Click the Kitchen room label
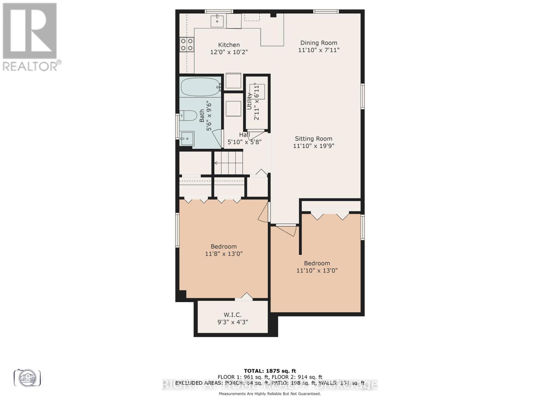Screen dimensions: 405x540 click(x=229, y=45)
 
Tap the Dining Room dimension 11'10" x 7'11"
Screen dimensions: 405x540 click(x=319, y=50)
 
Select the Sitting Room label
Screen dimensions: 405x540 click(x=314, y=139)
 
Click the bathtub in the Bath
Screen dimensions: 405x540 click(x=200, y=87)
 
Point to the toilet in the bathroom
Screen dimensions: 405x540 click(x=188, y=116)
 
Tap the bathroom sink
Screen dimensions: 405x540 click(x=187, y=138)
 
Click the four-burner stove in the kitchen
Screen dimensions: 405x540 click(x=187, y=44)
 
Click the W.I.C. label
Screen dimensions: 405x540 click(x=233, y=315)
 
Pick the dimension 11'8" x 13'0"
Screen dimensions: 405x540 click(x=224, y=254)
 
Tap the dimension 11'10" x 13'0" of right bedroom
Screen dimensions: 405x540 click(x=317, y=270)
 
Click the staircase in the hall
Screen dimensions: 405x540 click(x=228, y=163)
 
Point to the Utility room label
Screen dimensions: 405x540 click(x=249, y=101)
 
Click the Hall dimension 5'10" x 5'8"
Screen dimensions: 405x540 click(x=244, y=142)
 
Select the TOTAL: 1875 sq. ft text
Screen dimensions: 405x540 click(x=270, y=371)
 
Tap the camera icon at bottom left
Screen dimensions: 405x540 click(x=27, y=377)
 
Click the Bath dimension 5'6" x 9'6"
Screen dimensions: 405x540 click(x=209, y=116)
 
